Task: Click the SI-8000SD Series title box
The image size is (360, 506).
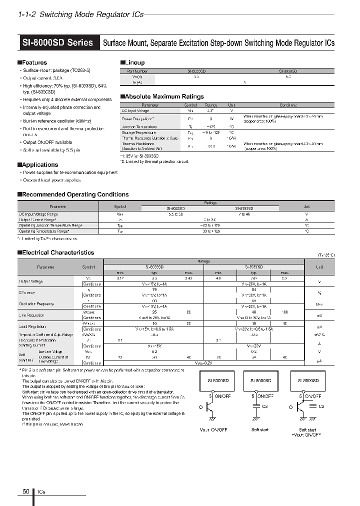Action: point(58,42)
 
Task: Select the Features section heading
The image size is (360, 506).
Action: point(33,62)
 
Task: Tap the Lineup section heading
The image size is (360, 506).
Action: point(133,62)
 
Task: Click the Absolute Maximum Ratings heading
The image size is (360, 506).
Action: point(163,96)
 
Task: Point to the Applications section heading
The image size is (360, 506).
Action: point(38,164)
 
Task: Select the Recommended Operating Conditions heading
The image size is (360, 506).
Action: point(74,194)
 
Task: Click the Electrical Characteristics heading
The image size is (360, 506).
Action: point(56,252)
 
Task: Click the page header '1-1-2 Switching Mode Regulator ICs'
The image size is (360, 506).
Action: point(80,14)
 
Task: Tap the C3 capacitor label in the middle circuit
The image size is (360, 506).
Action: point(265,406)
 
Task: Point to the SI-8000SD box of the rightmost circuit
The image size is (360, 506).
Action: point(305,380)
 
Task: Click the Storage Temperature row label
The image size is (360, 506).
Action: point(139,132)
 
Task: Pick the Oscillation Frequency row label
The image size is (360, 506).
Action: point(36,303)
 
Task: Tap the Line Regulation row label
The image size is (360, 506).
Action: point(31,315)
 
